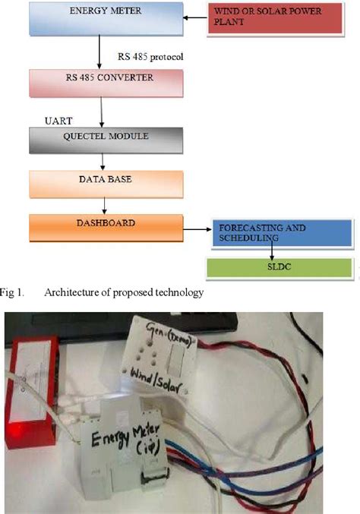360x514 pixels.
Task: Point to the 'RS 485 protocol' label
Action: [151, 58]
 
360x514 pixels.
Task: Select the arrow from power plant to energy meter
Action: [195, 16]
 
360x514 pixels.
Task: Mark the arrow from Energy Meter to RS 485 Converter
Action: [99, 52]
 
